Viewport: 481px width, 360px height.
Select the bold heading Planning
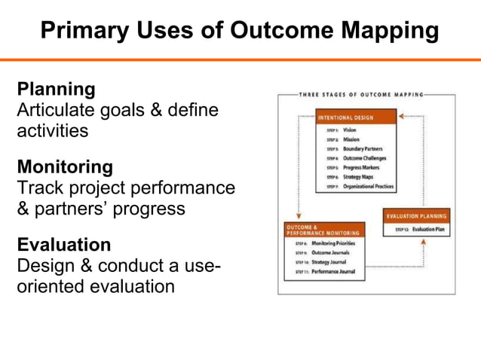click(57, 89)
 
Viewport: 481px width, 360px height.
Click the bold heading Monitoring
click(65, 166)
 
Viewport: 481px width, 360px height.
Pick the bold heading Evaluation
click(64, 245)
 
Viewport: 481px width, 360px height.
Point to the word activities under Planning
click(52, 130)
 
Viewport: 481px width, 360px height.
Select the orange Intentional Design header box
click(355, 117)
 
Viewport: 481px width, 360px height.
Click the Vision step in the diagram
click(349, 130)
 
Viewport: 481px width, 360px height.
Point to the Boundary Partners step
click(362, 148)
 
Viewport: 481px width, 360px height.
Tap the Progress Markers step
click(360, 167)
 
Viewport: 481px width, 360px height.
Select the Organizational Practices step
click(367, 186)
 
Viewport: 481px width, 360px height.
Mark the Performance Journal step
click(335, 270)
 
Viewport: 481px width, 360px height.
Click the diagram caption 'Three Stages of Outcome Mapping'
click(361, 95)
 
